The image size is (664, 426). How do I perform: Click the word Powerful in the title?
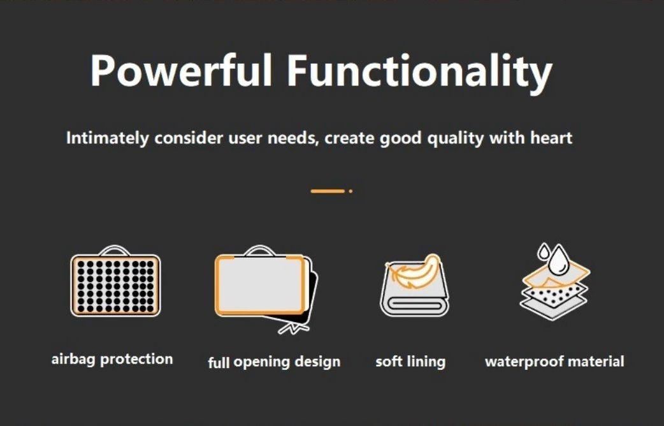[x=181, y=70]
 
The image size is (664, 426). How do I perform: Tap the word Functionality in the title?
[x=420, y=73]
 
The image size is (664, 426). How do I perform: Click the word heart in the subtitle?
[x=551, y=138]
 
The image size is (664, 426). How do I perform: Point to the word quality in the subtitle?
[x=455, y=138]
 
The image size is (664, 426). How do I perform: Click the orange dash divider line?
[x=328, y=191]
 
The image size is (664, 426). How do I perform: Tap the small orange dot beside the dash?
[x=350, y=191]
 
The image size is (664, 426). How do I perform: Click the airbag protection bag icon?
[x=115, y=281]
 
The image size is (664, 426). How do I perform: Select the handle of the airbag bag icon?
[x=114, y=249]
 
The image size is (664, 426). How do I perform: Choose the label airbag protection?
[x=112, y=360]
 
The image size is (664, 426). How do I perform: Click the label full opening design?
[x=274, y=362]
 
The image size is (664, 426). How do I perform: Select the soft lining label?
[x=410, y=362]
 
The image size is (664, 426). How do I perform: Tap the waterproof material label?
[x=554, y=362]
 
